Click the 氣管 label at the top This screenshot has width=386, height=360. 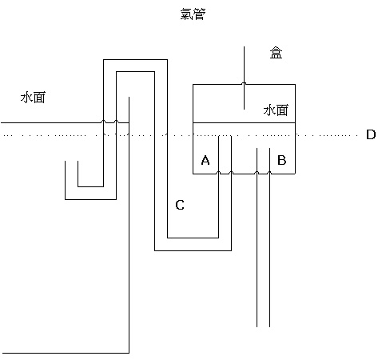pyautogui.click(x=193, y=14)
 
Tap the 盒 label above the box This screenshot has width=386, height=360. pyautogui.click(x=276, y=53)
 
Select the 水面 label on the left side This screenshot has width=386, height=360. pyautogui.click(x=33, y=98)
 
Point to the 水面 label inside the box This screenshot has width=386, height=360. pyautogui.click(x=276, y=110)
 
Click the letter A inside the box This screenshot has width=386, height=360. pyautogui.click(x=205, y=160)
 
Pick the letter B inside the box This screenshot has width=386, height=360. pyautogui.click(x=282, y=160)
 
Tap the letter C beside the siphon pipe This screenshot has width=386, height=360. pyautogui.click(x=180, y=205)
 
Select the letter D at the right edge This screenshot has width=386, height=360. pyautogui.click(x=371, y=134)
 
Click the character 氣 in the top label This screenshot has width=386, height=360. pyautogui.click(x=186, y=14)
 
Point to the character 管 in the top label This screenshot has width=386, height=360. pyautogui.click(x=199, y=14)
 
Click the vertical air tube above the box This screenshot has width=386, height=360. pyautogui.click(x=244, y=78)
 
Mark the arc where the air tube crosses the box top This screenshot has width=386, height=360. pyautogui.click(x=244, y=83)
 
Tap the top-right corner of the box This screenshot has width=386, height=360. pyautogui.click(x=295, y=85)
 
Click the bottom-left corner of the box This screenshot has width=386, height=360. pyautogui.click(x=193, y=174)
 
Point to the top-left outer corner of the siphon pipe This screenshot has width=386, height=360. pyautogui.click(x=104, y=60)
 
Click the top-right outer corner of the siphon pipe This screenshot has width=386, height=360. pyautogui.click(x=167, y=60)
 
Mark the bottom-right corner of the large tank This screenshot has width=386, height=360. pyautogui.click(x=129, y=353)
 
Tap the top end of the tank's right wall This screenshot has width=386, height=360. pyautogui.click(x=129, y=97)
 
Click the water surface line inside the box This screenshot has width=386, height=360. pyautogui.click(x=244, y=123)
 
